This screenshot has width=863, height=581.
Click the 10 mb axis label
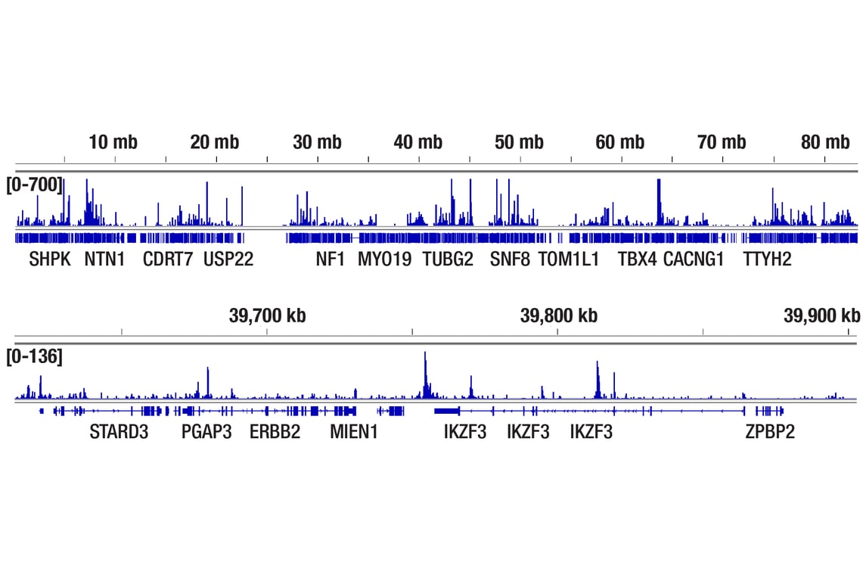[113, 142]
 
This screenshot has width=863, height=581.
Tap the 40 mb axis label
[418, 142]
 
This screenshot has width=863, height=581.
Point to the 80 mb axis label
[825, 142]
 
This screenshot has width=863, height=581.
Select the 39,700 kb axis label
[267, 315]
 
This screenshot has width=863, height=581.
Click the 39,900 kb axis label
[821, 315]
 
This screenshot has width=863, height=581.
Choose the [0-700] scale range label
[35, 185]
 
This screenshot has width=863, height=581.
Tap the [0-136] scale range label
[35, 357]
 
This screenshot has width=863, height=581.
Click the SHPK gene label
[50, 259]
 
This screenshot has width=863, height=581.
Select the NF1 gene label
[331, 259]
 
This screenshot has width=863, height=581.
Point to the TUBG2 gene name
[448, 259]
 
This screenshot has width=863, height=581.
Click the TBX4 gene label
[637, 259]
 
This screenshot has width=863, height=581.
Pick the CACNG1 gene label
[694, 259]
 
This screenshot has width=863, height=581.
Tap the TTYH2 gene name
[767, 259]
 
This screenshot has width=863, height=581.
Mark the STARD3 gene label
[119, 432]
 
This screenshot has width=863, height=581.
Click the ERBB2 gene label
[275, 432]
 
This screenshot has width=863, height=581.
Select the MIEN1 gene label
[354, 432]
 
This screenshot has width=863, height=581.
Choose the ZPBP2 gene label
[770, 432]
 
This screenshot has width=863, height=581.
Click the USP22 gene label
[228, 259]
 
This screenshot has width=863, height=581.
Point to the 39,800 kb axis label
[559, 315]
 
